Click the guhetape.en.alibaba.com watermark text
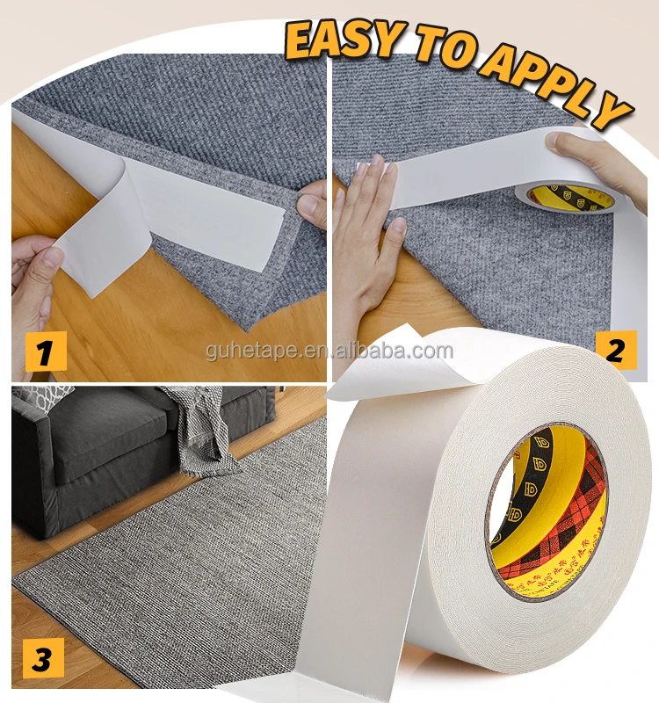pyautogui.click(x=329, y=351)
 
